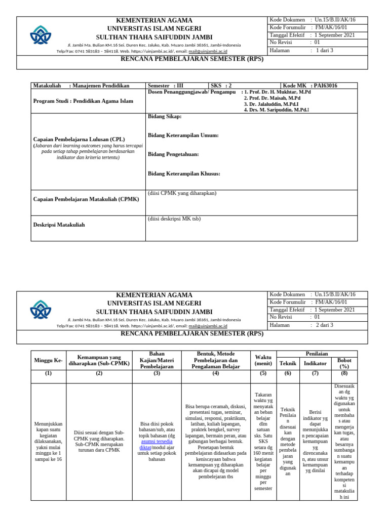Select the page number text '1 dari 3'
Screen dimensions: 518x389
(324, 51)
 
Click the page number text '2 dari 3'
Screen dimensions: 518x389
(324, 325)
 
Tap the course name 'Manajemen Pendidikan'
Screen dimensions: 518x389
(99, 86)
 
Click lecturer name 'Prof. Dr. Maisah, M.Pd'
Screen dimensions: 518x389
(272, 98)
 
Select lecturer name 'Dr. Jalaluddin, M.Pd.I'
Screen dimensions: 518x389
(271, 104)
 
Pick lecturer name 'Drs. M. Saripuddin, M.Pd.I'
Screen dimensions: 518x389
(276, 110)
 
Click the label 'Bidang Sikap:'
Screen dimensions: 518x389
(164, 116)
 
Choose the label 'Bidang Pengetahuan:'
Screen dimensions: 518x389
(173, 154)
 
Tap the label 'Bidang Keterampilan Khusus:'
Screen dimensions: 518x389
(184, 174)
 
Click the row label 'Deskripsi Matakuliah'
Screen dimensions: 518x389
(59, 225)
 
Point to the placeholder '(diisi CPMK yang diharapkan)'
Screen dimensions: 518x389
(182, 193)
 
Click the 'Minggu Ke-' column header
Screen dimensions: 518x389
(49, 360)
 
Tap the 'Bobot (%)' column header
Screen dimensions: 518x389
(344, 363)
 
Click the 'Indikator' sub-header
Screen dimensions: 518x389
(315, 363)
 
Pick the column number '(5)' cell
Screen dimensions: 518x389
(263, 373)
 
